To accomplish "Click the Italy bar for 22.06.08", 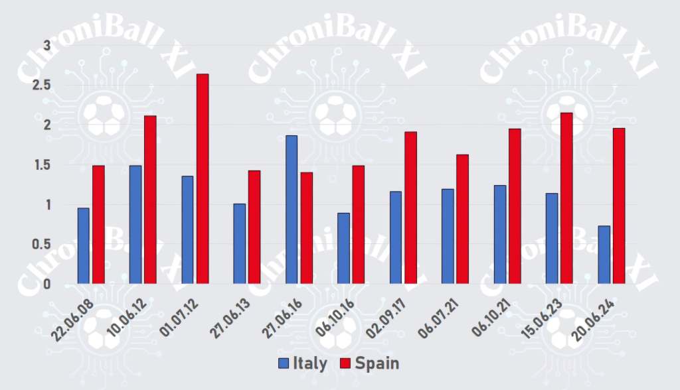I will [83, 246].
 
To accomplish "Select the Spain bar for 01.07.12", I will [203, 179].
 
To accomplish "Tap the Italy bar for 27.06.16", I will [292, 210].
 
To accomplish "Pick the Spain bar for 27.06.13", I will [254, 227].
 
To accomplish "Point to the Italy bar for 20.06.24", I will [604, 255].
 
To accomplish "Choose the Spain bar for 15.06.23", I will [566, 198].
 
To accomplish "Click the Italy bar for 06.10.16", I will [343, 249].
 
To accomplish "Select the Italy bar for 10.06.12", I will [135, 225].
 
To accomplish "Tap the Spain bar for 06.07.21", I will [462, 220].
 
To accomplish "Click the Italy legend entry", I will [303, 363].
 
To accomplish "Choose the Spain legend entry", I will [369, 363].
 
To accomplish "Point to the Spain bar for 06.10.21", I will [515, 206].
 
